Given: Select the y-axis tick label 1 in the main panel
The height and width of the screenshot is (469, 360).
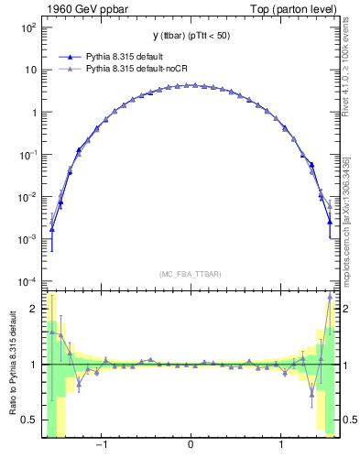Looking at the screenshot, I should pos(32,113).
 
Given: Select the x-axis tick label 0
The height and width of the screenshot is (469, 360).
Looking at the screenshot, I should pos(190,446).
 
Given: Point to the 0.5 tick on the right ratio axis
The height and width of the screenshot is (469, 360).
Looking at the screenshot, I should pos(348,420).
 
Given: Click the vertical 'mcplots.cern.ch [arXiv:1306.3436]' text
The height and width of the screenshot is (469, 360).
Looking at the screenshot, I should pos(348,221).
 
